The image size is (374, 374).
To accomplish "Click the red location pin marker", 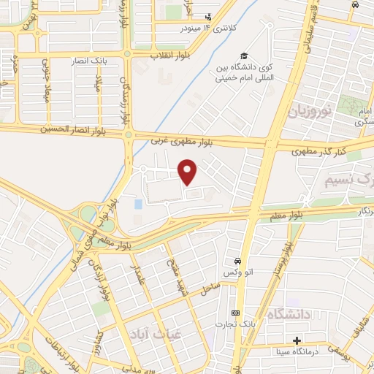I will (188, 172).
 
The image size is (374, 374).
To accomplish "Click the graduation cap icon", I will (243, 57).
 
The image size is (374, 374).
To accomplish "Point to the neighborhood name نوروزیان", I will (308, 112).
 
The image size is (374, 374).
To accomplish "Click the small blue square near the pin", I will (138, 205).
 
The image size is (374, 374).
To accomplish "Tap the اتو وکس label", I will (238, 273).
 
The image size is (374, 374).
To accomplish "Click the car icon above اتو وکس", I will (238, 262).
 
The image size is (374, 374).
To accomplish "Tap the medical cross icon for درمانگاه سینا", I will (297, 341).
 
